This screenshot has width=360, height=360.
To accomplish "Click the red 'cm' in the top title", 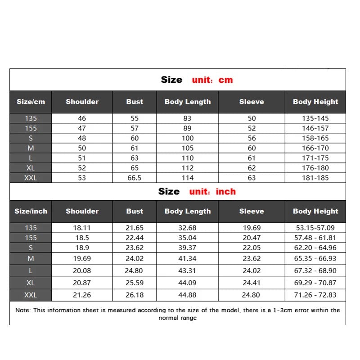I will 225,80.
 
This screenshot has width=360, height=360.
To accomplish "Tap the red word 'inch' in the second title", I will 225,192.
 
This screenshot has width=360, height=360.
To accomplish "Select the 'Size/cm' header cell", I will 31,102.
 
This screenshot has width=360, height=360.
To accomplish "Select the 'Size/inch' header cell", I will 31,211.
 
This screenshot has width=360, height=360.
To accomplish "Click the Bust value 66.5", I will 135,178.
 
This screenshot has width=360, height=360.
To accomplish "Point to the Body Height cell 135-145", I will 315,119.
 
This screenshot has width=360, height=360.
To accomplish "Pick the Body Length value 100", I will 187,139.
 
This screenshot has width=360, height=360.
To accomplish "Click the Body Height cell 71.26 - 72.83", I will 315,295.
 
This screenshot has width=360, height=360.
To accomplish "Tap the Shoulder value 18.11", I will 82,228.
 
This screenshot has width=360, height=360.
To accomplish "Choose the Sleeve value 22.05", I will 252,247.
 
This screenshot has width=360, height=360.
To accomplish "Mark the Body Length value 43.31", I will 187,270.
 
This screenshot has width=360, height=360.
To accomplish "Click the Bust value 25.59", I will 135,283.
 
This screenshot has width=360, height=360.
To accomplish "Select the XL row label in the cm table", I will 31,168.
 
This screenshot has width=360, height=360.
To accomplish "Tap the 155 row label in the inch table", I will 31,238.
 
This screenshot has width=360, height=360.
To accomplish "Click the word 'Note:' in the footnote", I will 23,310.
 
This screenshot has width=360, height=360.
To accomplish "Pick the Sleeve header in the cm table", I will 252,102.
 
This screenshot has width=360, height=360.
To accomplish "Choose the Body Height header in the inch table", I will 315,211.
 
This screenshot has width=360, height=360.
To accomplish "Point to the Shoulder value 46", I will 82,119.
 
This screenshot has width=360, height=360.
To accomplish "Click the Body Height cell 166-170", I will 315,148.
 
